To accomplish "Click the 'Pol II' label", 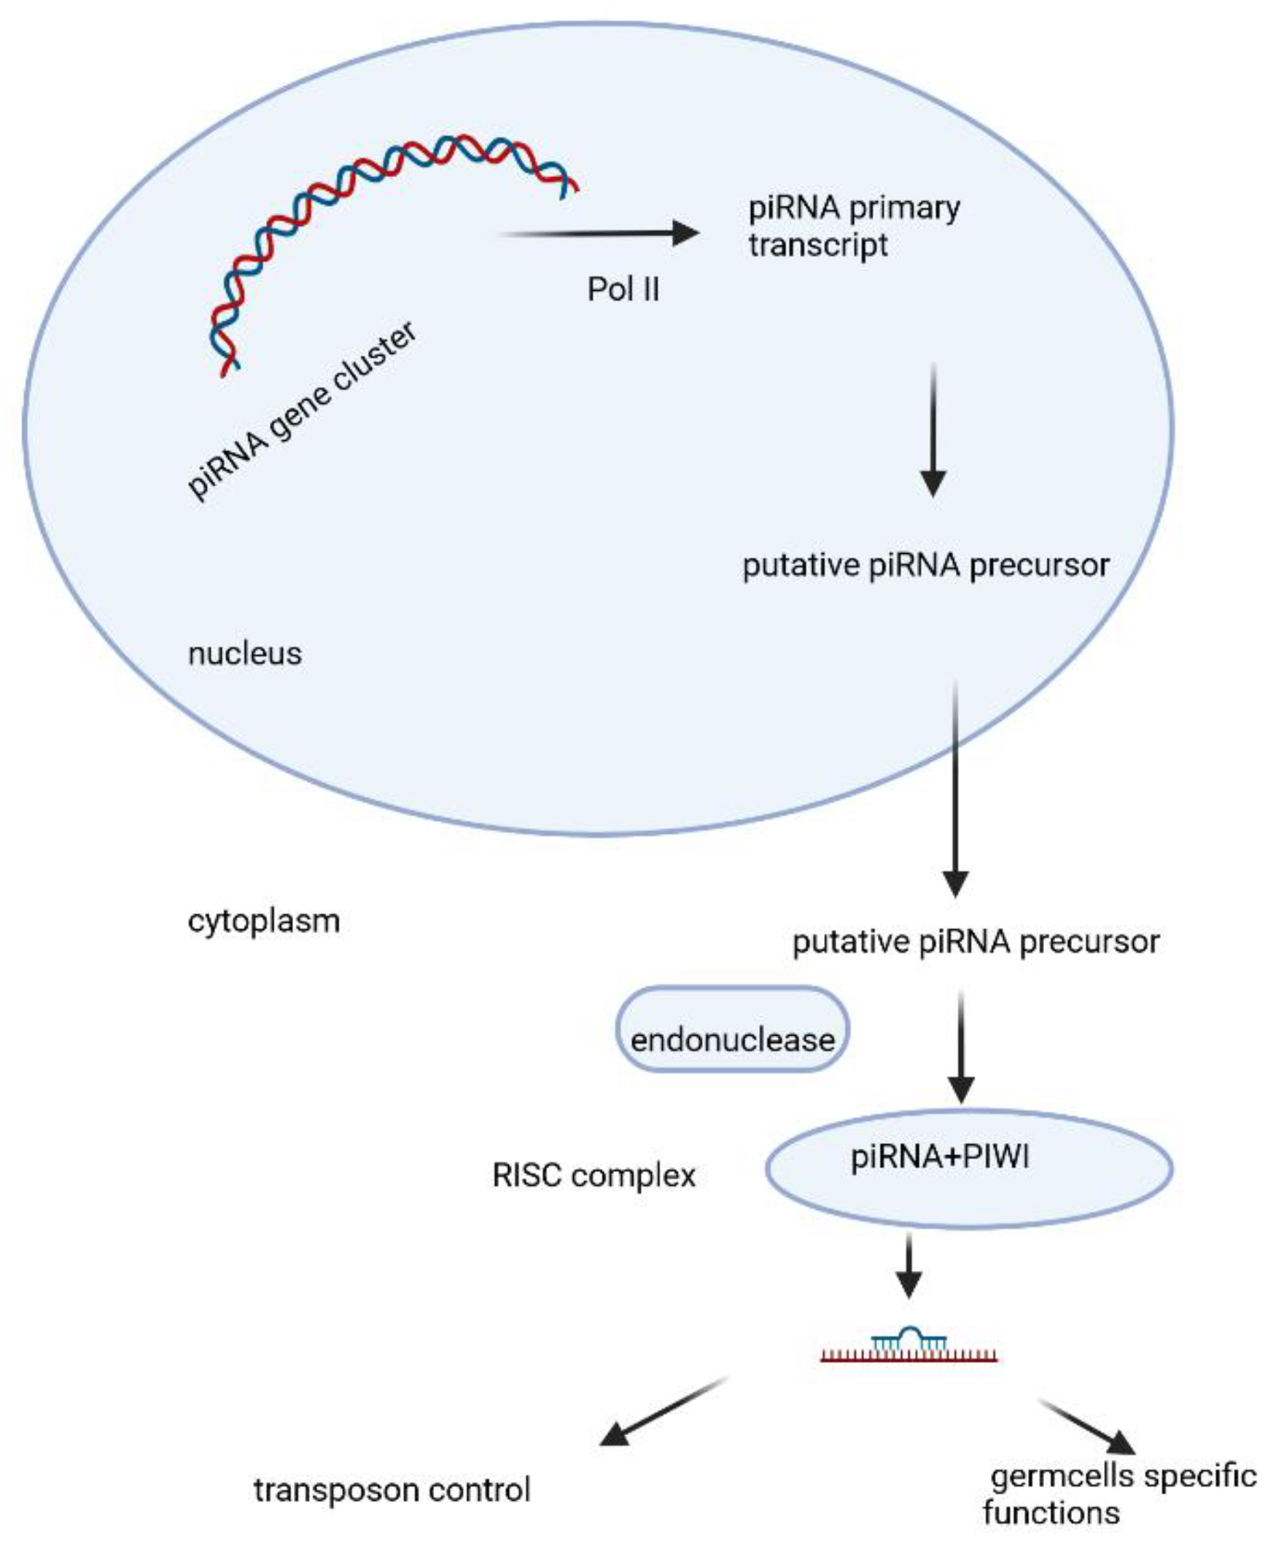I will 623,289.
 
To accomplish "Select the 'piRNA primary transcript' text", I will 852,225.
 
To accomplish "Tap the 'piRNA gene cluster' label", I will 301,412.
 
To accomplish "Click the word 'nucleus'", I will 245,653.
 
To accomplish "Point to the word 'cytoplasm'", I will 264,921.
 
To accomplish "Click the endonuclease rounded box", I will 732,1029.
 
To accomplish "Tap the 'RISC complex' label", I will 594,1176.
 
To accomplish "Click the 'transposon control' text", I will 392,1490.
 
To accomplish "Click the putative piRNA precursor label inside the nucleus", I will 925,566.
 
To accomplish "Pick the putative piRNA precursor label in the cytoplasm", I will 976,942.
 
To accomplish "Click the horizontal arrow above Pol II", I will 599,234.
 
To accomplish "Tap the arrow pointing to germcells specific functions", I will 1088,1428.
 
